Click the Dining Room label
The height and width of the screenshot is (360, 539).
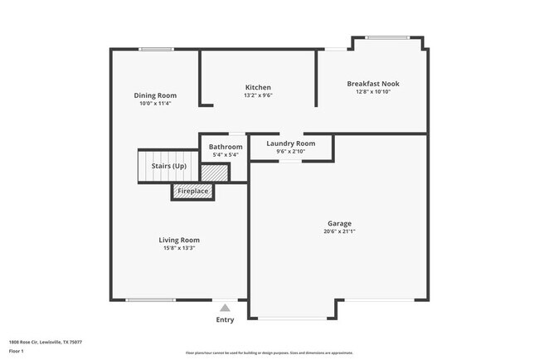(x=155, y=95)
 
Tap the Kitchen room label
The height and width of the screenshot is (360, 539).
(x=258, y=87)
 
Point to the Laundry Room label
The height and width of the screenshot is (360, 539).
(x=291, y=144)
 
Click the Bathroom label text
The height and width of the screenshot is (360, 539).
(x=226, y=147)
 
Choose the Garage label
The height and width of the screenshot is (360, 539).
(x=339, y=223)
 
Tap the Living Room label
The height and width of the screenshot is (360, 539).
(x=179, y=241)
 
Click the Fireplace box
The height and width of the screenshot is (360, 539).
(x=193, y=192)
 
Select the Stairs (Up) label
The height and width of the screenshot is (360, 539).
(x=168, y=167)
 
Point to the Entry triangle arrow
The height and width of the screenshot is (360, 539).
(x=225, y=308)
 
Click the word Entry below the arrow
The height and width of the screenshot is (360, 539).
(x=225, y=319)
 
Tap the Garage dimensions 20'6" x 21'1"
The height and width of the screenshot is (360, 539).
(x=339, y=231)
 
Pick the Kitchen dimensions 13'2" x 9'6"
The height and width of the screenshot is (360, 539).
(x=258, y=95)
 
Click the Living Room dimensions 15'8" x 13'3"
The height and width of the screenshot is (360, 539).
(x=179, y=248)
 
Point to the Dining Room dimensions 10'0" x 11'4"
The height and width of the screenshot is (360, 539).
(x=155, y=104)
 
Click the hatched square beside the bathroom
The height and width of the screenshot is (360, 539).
(x=214, y=173)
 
